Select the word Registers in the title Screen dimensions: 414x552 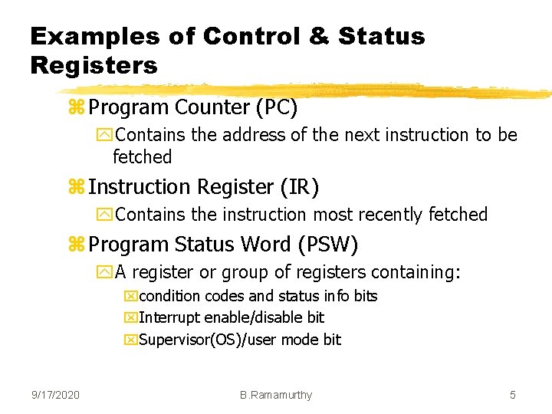pyautogui.click(x=94, y=65)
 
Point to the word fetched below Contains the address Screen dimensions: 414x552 pyautogui.click(x=143, y=157)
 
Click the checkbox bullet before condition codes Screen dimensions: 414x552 pyautogui.click(x=131, y=297)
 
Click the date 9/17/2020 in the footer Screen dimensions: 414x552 pyautogui.click(x=55, y=395)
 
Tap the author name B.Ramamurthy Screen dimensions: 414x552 pyautogui.click(x=276, y=395)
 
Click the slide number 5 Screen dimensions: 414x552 pyautogui.click(x=513, y=395)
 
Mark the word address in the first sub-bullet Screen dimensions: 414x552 pyautogui.click(x=245, y=135)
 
